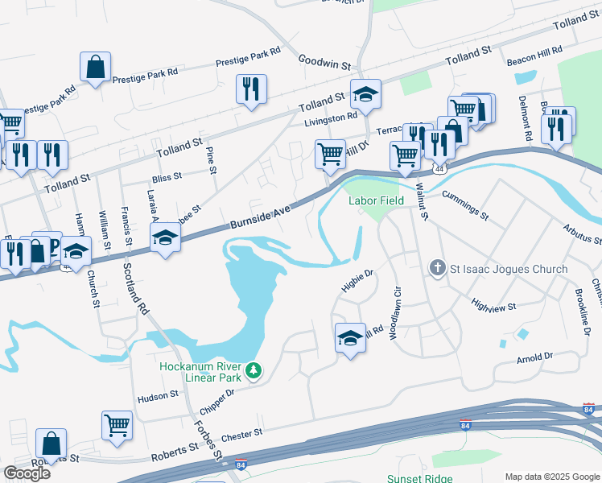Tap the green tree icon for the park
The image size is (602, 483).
point(254,370)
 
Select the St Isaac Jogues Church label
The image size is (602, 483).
point(509,269)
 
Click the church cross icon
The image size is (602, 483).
point(439,267)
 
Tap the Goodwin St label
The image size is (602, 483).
point(325,60)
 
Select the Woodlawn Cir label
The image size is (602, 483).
point(395,312)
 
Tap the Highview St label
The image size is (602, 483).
point(493,307)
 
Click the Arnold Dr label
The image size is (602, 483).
point(535,355)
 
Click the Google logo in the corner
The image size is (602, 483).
point(27,473)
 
